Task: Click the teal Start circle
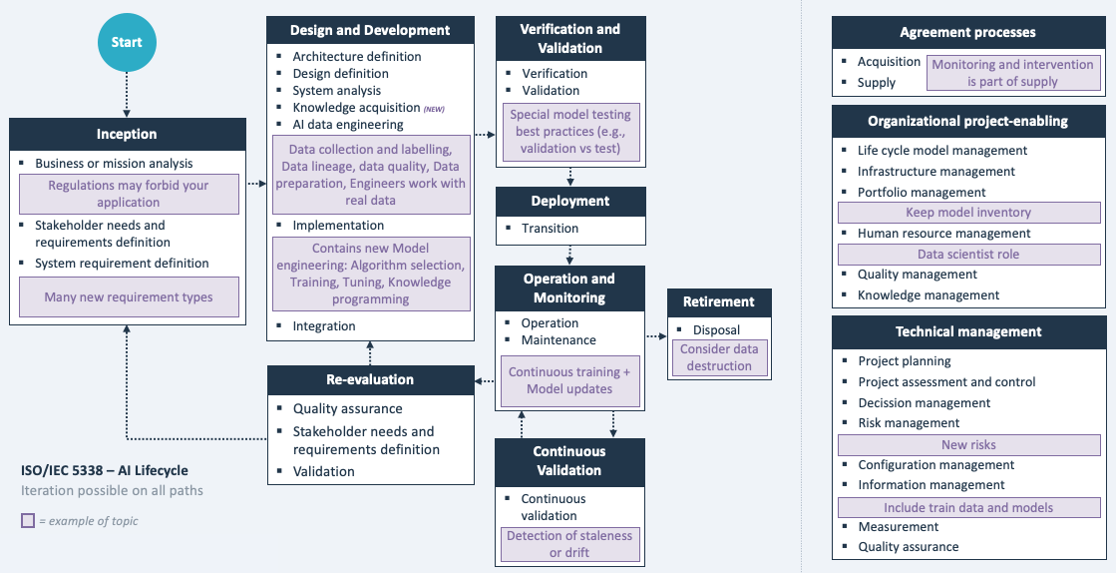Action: (127, 43)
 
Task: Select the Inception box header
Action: (127, 134)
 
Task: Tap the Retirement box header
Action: (718, 301)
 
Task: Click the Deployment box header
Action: (570, 201)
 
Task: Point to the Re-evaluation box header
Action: (370, 379)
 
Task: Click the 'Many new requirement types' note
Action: (128, 297)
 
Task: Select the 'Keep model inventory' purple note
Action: (968, 213)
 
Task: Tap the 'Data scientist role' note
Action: (968, 255)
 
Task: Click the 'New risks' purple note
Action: (968, 444)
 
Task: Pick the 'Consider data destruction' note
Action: (719, 357)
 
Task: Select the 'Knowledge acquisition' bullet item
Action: (356, 108)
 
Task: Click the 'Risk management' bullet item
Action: (908, 423)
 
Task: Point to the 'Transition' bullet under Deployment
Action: (550, 229)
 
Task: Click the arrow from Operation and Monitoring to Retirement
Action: (655, 336)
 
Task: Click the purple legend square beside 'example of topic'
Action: (28, 520)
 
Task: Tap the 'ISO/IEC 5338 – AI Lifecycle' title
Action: (105, 470)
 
